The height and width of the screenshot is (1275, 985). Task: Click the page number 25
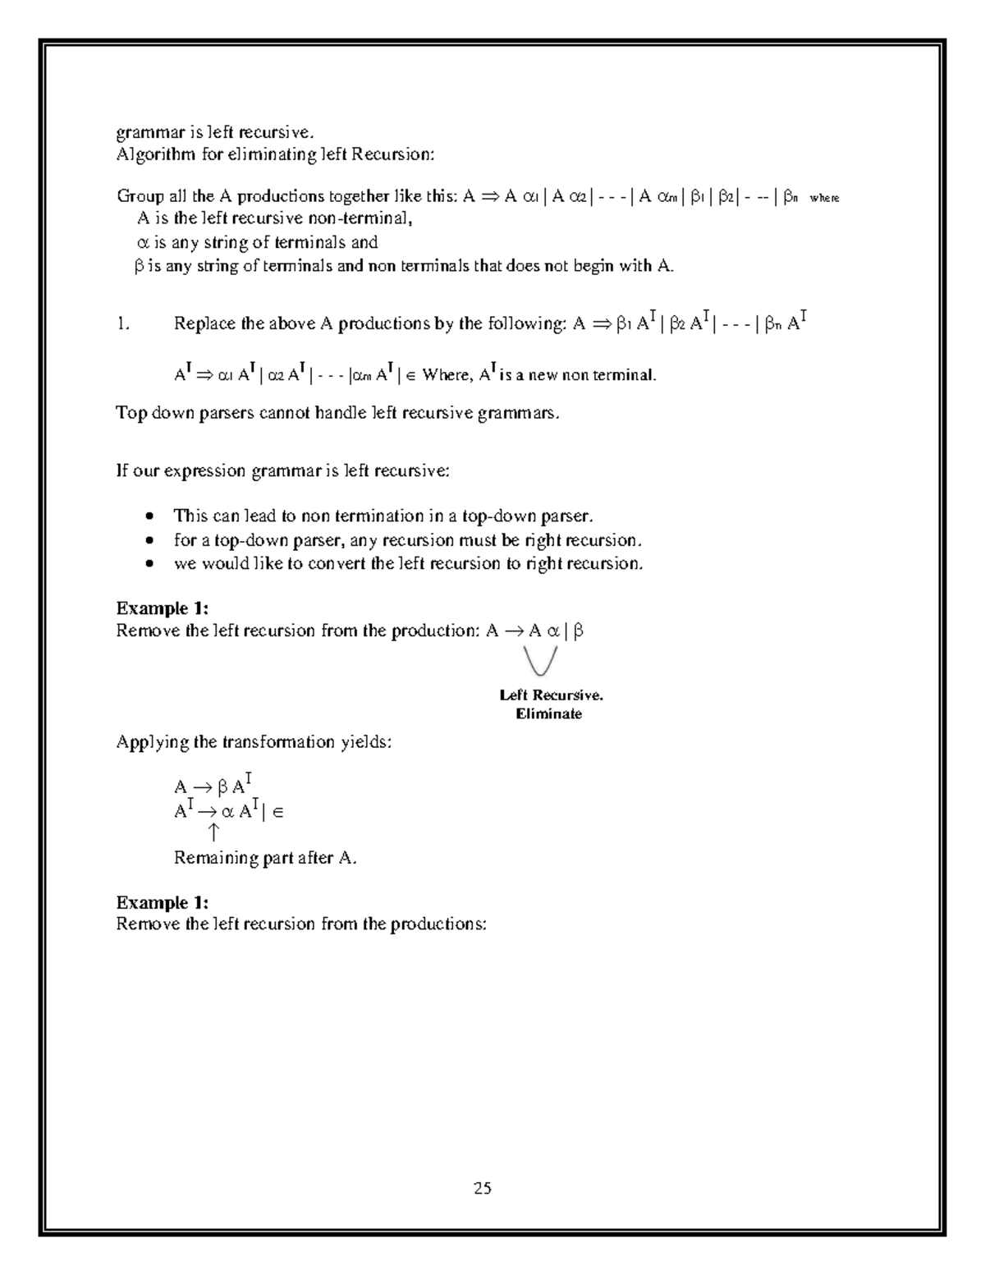[x=482, y=1187]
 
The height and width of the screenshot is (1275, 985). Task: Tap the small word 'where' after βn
[x=824, y=199]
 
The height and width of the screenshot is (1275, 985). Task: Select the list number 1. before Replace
[x=123, y=324]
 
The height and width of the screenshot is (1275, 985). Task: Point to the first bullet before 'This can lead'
[x=149, y=517]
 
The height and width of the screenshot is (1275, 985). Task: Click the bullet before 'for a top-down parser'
[x=149, y=541]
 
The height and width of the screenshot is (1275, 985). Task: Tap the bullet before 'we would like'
[x=149, y=565]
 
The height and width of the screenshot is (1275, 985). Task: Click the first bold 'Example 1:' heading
[x=163, y=608]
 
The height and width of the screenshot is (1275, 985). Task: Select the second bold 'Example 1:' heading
[x=163, y=903]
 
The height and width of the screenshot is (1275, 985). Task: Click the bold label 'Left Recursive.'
[x=551, y=695]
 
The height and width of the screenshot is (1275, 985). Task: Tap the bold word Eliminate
[x=548, y=714]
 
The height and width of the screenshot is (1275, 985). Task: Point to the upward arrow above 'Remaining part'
[x=213, y=833]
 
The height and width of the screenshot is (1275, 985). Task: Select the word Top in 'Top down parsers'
[x=131, y=413]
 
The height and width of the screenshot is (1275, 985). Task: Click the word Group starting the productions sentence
[x=140, y=196]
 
